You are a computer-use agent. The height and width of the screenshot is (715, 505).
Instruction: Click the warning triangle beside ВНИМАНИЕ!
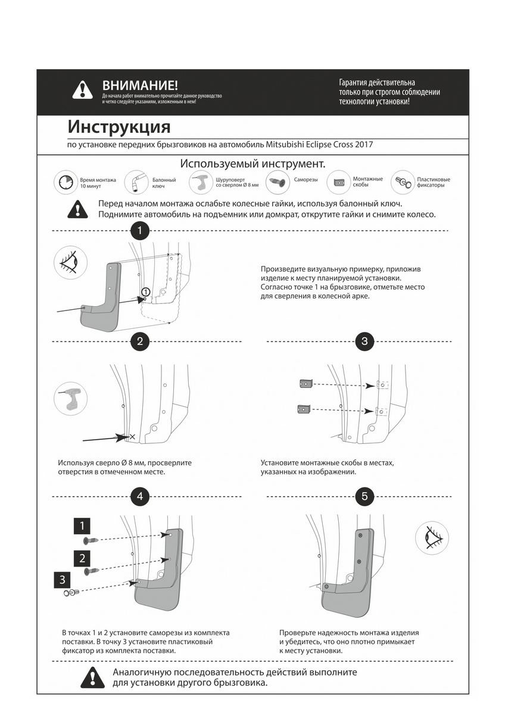click(x=82, y=90)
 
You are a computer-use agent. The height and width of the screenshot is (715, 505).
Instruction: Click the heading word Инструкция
click(x=119, y=127)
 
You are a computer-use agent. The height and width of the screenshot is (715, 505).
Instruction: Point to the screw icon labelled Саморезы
click(x=275, y=181)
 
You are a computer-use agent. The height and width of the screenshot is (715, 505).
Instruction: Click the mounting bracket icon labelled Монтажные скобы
click(x=340, y=182)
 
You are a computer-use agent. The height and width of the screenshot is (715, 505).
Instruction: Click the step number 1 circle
click(x=139, y=231)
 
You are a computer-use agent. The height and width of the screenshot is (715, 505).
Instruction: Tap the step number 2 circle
click(x=139, y=341)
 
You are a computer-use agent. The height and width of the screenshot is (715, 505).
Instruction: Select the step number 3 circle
click(x=364, y=341)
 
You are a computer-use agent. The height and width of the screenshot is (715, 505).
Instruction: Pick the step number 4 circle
click(x=139, y=496)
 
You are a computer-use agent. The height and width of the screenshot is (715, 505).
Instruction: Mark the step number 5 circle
click(x=364, y=496)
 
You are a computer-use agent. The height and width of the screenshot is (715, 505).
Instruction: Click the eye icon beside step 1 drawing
click(x=70, y=262)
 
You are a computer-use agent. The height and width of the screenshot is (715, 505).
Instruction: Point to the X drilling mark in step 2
click(x=132, y=437)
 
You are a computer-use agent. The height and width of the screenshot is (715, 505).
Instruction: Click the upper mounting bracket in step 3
click(x=306, y=384)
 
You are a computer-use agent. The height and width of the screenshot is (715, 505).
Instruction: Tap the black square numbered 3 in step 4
click(x=62, y=579)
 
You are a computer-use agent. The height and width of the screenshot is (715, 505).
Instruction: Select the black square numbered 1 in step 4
click(x=82, y=526)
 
